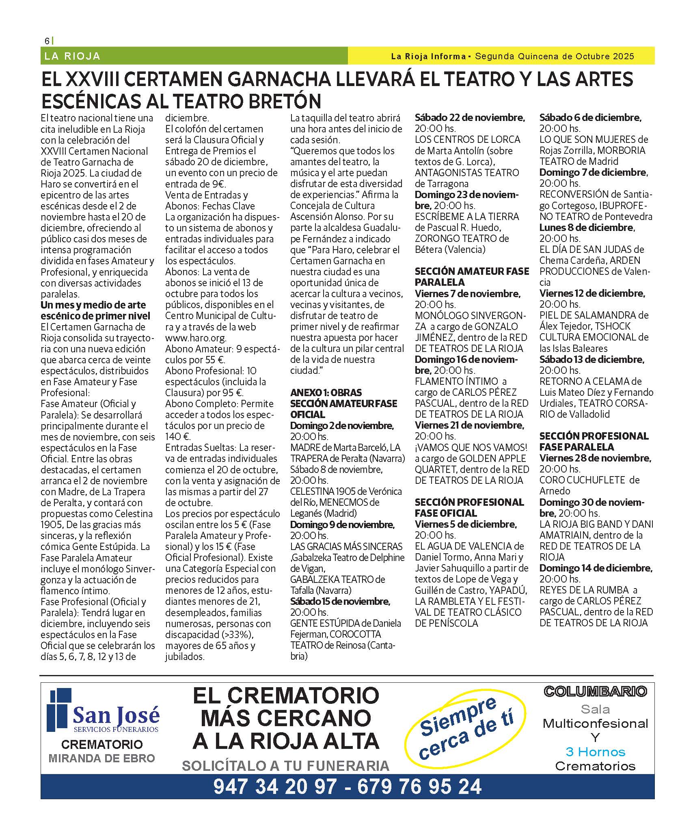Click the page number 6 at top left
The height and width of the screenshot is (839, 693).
[47, 41]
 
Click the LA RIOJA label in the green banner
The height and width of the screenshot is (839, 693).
[72, 56]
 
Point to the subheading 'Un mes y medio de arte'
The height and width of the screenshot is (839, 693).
[93, 305]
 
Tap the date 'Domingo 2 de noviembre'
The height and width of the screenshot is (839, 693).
[342, 425]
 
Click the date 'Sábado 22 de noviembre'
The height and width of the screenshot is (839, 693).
[470, 118]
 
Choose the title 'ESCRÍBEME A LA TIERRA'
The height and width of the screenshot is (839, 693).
[467, 216]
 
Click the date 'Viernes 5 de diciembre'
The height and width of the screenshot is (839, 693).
[466, 524]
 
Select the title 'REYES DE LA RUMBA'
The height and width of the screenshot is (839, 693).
[584, 590]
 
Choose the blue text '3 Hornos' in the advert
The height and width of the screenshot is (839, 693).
[595, 752]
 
